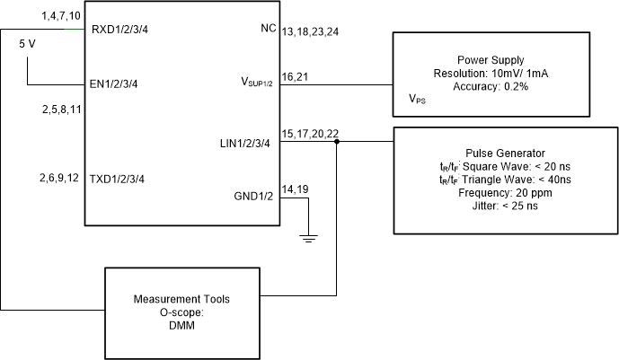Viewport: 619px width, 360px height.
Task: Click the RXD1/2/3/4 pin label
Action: [x=120, y=31]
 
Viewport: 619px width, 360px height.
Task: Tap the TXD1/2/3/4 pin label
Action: [x=117, y=179]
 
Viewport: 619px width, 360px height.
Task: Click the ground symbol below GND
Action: [x=308, y=237]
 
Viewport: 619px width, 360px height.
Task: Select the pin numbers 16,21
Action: [x=295, y=77]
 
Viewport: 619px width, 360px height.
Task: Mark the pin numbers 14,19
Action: [x=295, y=189]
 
